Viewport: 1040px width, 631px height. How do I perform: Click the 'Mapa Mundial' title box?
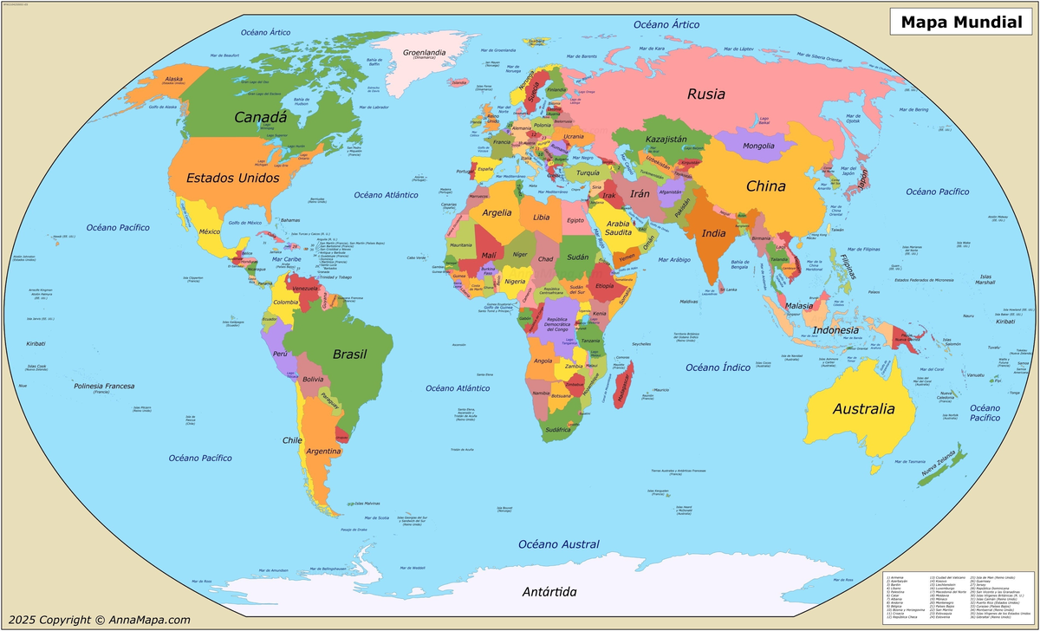(961, 22)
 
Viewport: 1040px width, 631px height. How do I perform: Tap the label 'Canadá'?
(260, 116)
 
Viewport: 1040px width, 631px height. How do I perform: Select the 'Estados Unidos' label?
(233, 178)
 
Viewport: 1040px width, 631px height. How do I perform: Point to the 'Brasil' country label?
(350, 354)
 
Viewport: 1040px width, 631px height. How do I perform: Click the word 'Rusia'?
(706, 94)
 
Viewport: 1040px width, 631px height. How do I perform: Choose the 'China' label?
(766, 185)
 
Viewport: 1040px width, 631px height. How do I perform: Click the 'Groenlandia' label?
(425, 52)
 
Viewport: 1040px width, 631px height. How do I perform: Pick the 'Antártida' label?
(549, 592)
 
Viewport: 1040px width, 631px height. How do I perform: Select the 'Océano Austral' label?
(559, 544)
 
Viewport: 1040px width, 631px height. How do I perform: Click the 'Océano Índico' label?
(718, 368)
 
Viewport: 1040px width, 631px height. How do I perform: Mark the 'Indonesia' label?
(835, 330)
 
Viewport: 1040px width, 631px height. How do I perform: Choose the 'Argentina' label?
(323, 451)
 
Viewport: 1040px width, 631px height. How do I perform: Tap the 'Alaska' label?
(173, 79)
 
